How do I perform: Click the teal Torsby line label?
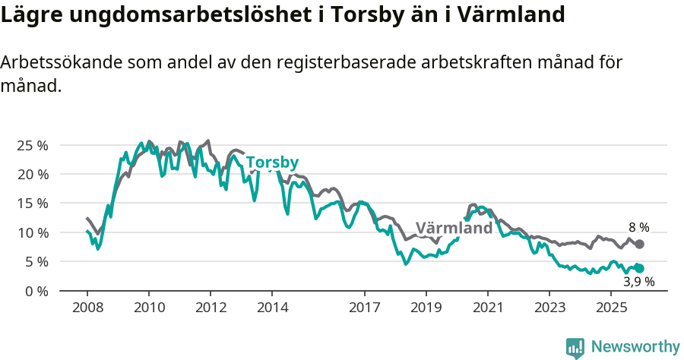click(x=272, y=163)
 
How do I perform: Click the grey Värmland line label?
click(x=454, y=229)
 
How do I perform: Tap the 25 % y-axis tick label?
click(x=33, y=145)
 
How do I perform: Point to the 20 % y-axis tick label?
click(x=33, y=174)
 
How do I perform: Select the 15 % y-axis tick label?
click(x=33, y=204)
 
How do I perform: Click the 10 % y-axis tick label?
click(x=33, y=232)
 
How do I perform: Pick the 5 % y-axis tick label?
click(x=36, y=262)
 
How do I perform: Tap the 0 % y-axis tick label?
click(x=36, y=291)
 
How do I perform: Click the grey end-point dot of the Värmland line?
click(x=640, y=244)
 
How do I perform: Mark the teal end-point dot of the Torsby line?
click(x=640, y=268)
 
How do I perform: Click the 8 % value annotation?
click(x=638, y=227)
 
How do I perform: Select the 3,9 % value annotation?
click(x=638, y=282)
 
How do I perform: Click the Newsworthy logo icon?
click(x=575, y=347)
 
